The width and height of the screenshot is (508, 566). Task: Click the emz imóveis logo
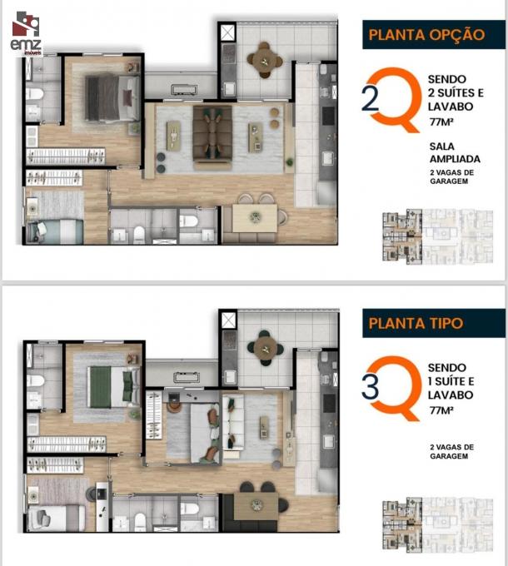tap(26, 33)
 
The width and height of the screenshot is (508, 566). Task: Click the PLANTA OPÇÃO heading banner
tap(434, 35)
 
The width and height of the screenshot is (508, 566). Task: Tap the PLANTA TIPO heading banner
tap(434, 323)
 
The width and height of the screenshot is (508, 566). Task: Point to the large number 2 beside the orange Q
tap(371, 98)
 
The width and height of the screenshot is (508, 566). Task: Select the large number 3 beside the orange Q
tap(371, 386)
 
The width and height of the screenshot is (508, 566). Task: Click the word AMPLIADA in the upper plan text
tap(455, 159)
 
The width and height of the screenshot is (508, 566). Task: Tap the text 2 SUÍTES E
tap(456, 92)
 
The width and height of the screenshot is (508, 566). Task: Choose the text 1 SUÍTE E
tap(451, 381)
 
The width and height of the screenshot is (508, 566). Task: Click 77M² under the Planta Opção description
tap(441, 122)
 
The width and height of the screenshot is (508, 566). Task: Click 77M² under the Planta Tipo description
tap(441, 410)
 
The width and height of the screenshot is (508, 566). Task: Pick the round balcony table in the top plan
tap(265, 60)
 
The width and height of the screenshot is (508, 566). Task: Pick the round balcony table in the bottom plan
tap(266, 349)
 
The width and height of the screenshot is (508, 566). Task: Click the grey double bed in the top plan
tap(112, 97)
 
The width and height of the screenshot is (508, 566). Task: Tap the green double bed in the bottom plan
tap(113, 387)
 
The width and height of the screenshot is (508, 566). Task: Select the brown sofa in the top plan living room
tap(212, 137)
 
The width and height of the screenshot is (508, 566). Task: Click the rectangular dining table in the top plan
tap(255, 218)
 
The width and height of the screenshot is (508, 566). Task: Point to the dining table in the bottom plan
tap(256, 506)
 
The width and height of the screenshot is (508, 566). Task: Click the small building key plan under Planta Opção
tap(437, 236)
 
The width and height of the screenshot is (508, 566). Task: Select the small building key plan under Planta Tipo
tap(437, 525)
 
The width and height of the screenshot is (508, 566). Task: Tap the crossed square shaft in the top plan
tap(227, 32)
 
